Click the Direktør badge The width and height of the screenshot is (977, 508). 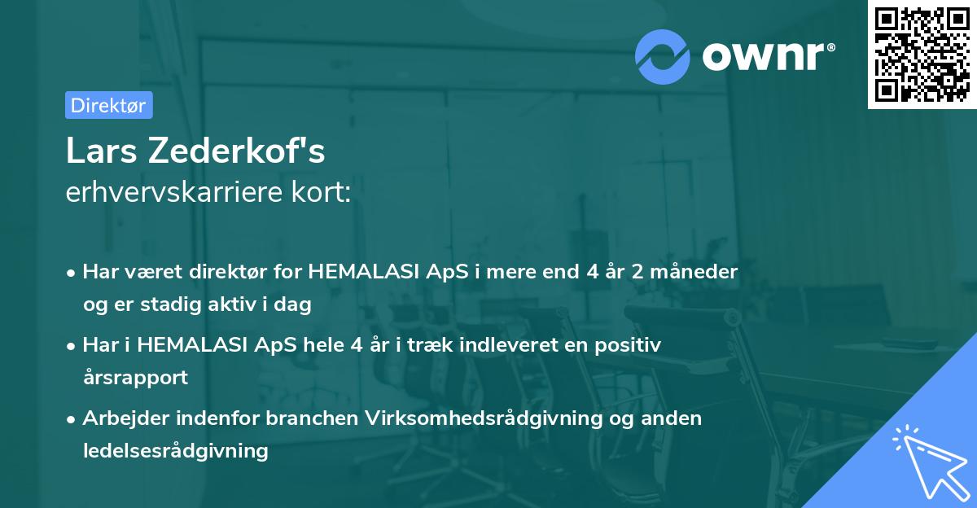(x=108, y=105)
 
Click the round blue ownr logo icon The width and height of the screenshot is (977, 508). (x=663, y=55)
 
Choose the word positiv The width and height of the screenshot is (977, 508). (x=628, y=344)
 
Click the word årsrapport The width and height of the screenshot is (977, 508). (x=135, y=377)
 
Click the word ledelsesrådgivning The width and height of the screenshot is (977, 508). (x=175, y=450)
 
